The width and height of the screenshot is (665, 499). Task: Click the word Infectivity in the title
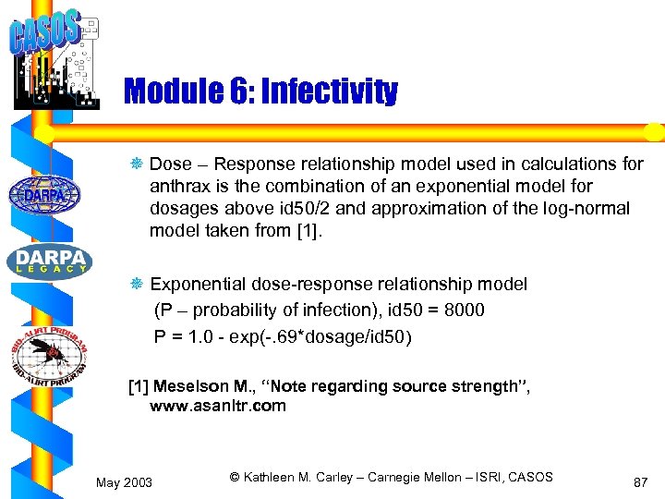pyautogui.click(x=330, y=91)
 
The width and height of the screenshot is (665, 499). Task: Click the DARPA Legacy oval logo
pyautogui.click(x=50, y=261)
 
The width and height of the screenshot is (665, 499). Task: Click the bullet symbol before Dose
pyautogui.click(x=139, y=164)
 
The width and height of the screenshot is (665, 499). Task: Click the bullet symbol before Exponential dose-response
pyautogui.click(x=139, y=285)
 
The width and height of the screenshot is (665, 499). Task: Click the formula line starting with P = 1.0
pyautogui.click(x=283, y=336)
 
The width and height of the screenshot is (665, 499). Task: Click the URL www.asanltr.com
pyautogui.click(x=218, y=406)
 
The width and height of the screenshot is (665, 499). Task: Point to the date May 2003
pyautogui.click(x=125, y=482)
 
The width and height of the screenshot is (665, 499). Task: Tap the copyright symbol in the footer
pyautogui.click(x=236, y=477)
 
